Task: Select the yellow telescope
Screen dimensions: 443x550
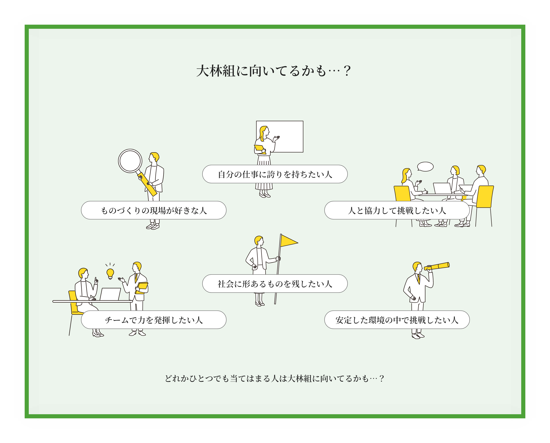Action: pyautogui.click(x=437, y=266)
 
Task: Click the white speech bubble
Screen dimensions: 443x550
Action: pyautogui.click(x=425, y=167)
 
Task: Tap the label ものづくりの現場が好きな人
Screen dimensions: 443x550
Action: pyautogui.click(x=154, y=210)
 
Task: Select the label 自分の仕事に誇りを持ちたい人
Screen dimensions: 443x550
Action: pyautogui.click(x=275, y=174)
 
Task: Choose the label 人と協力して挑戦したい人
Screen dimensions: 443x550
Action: pyautogui.click(x=397, y=210)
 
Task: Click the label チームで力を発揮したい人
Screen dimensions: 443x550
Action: pyautogui.click(x=154, y=320)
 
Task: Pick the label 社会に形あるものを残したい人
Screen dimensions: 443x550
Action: pyautogui.click(x=275, y=284)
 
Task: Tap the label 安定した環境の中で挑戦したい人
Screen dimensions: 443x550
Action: pyautogui.click(x=397, y=320)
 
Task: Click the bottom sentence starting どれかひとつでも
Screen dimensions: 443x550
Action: pyautogui.click(x=274, y=378)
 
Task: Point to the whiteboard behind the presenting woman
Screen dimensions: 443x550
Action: pyautogui.click(x=288, y=135)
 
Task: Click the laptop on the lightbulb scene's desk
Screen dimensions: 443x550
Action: pyautogui.click(x=110, y=294)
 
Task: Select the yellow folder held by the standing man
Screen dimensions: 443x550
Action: pyautogui.click(x=142, y=288)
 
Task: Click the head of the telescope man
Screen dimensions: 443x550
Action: pyautogui.click(x=417, y=267)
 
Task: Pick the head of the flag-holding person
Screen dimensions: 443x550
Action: pyautogui.click(x=259, y=240)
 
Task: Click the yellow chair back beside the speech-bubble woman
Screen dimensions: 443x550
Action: pyautogui.click(x=402, y=193)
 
